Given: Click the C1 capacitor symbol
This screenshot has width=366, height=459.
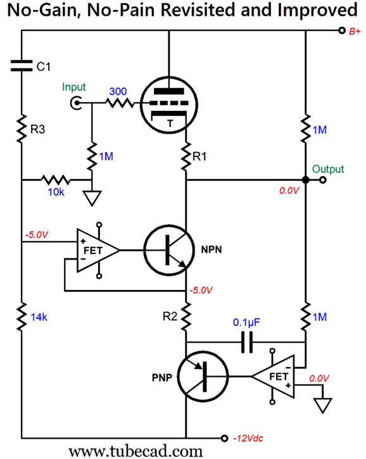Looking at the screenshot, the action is click(22, 66).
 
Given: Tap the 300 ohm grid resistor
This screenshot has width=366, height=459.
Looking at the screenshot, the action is click(120, 103).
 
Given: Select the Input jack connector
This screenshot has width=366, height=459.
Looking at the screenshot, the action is click(76, 103).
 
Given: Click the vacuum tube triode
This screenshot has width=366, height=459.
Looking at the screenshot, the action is click(169, 105).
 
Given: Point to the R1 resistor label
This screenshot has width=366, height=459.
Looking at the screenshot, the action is click(199, 156).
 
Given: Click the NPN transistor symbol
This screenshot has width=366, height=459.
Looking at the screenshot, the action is click(169, 250).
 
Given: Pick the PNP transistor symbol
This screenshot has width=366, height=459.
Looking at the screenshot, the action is click(203, 377).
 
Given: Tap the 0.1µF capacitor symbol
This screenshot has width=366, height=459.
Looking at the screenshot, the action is click(247, 342).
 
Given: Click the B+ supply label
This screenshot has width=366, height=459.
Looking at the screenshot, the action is click(355, 31).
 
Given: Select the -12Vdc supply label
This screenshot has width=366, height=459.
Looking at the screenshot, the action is click(248, 438).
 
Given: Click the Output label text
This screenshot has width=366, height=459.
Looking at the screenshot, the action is click(327, 169).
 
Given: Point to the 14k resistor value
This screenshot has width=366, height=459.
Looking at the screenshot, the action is click(39, 317).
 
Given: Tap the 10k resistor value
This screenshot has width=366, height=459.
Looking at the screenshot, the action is click(56, 192).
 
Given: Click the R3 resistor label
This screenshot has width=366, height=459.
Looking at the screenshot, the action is click(38, 129).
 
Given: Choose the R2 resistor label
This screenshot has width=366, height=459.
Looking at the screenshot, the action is click(170, 317).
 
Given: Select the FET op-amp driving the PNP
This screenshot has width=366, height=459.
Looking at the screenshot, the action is click(273, 377).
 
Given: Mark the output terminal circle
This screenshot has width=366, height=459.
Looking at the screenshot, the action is click(323, 180).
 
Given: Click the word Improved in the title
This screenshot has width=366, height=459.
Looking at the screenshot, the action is click(317, 10).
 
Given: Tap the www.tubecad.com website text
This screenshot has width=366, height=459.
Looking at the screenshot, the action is click(136, 451).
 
